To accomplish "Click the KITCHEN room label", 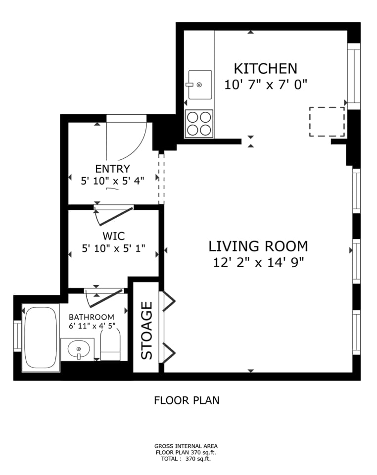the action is point(266,69).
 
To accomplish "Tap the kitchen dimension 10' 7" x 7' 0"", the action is point(266,84).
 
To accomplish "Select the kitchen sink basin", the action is point(200,85).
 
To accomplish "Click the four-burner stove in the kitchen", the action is point(199,124).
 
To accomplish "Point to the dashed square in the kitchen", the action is point(327,122).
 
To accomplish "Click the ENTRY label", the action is point(113,168).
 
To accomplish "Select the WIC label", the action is point(114,236).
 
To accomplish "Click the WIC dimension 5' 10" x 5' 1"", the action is point(114,248).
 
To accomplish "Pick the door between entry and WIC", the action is point(115,216).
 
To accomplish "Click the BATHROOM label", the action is point(92,317).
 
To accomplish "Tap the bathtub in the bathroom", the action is point(41,338).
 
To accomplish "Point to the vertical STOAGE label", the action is point(147,330).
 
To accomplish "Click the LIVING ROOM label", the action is point(258,246).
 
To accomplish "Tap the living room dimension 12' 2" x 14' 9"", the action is point(258,262).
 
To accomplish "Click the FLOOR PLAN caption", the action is point(187,400).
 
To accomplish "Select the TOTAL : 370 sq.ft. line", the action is point(186,459).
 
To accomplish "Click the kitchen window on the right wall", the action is point(354,76).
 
